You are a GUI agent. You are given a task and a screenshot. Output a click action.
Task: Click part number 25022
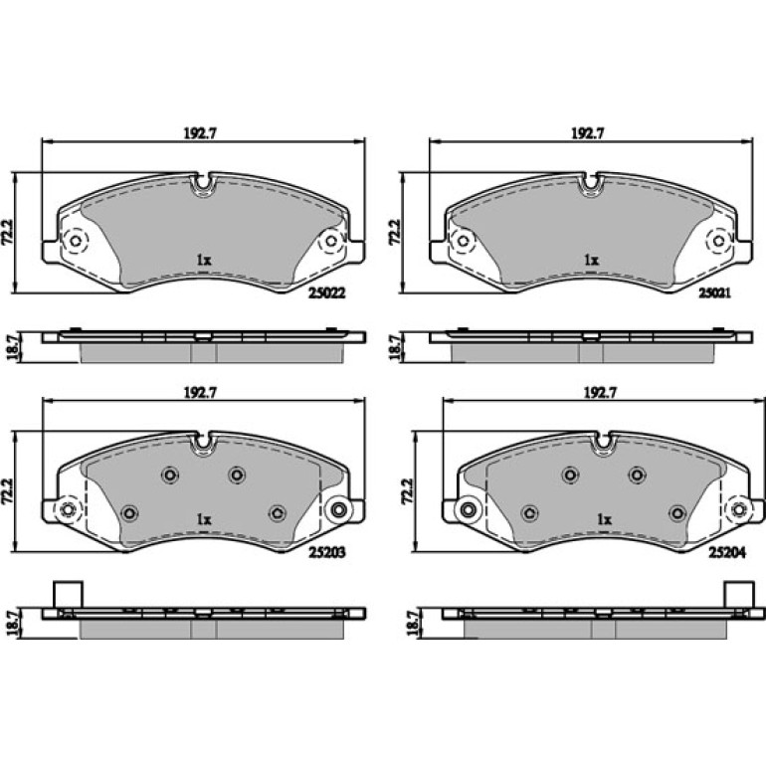pyautogui.click(x=327, y=293)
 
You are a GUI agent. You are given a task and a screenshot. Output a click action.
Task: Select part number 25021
pyautogui.click(x=714, y=293)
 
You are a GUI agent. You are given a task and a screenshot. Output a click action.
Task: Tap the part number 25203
pyautogui.click(x=327, y=552)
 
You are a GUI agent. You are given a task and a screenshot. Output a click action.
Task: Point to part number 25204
pyautogui.click(x=727, y=552)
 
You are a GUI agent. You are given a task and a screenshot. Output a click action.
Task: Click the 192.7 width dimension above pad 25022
pyautogui.click(x=200, y=133)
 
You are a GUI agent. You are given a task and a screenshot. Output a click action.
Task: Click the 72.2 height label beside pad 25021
pyautogui.click(x=395, y=232)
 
